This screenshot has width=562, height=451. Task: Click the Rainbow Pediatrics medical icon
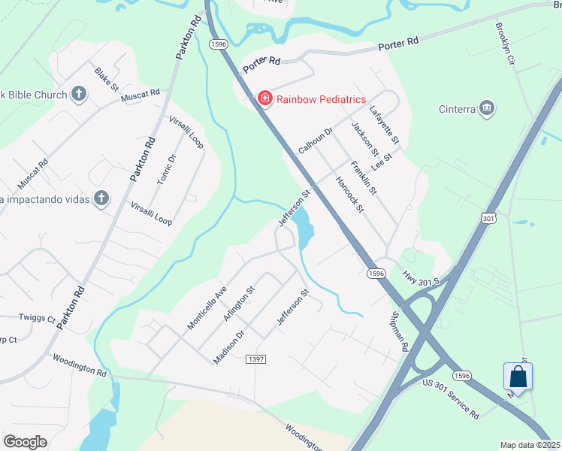[264, 98]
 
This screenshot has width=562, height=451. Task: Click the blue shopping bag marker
[518, 376]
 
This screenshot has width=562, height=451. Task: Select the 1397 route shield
[255, 360]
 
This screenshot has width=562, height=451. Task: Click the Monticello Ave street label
[207, 307]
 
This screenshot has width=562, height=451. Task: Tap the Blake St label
[107, 79]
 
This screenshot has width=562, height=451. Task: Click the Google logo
[25, 442]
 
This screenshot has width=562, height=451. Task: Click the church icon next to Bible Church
[79, 95]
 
